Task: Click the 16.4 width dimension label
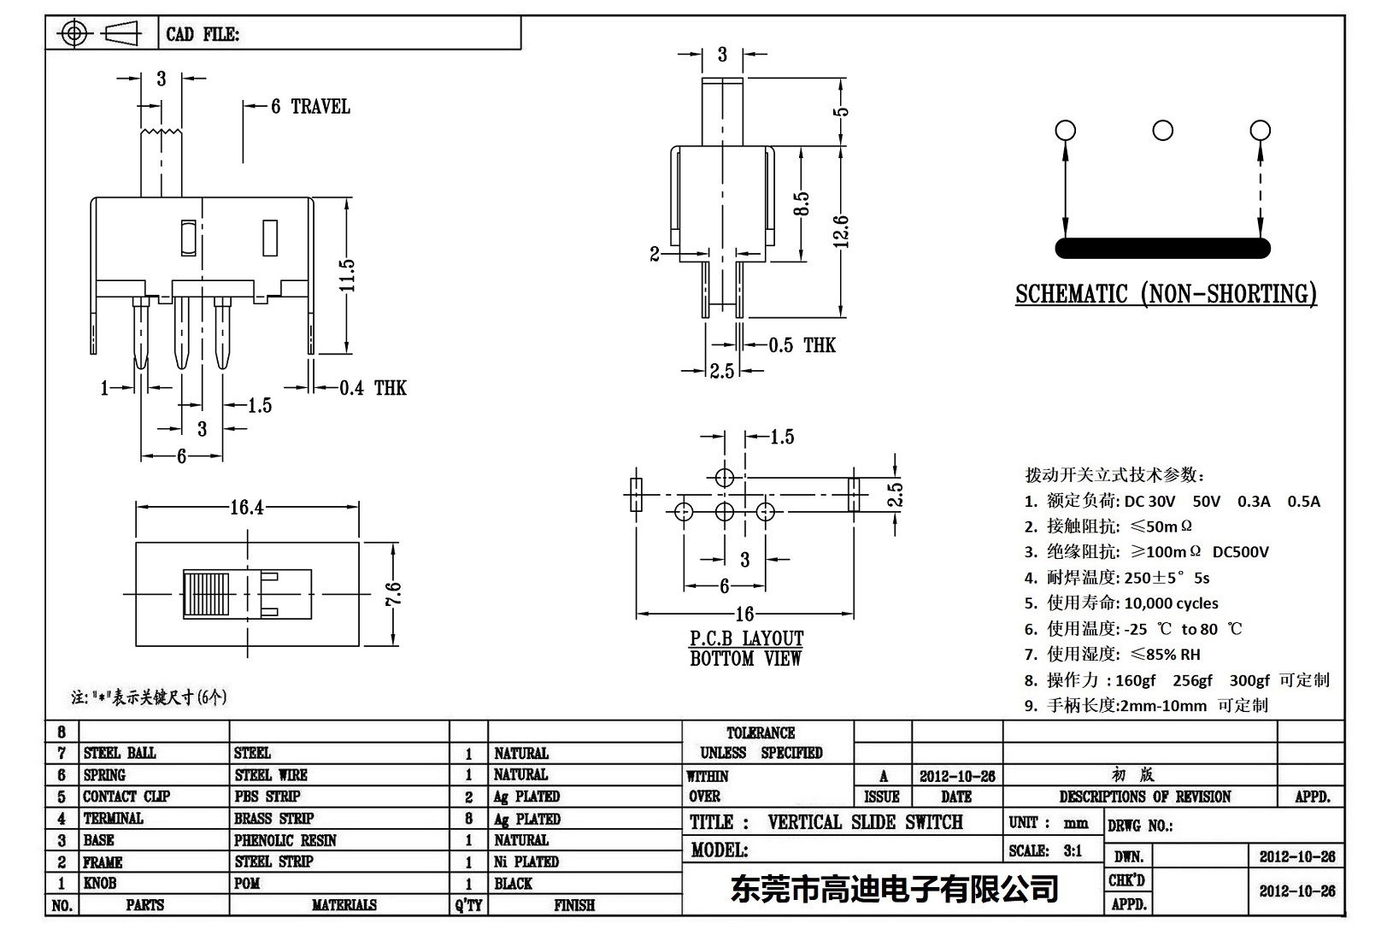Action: click(x=246, y=508)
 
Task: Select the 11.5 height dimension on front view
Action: click(x=346, y=275)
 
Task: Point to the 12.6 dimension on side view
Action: click(x=841, y=231)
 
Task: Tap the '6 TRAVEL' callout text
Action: click(x=310, y=107)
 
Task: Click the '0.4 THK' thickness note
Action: click(x=373, y=388)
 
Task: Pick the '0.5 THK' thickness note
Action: click(x=801, y=345)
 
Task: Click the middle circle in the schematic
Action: click(x=1162, y=131)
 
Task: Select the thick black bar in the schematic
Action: click(x=1162, y=248)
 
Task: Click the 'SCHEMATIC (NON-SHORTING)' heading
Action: click(x=1166, y=294)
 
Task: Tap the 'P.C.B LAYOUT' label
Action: click(x=746, y=638)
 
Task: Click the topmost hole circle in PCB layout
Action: click(x=724, y=477)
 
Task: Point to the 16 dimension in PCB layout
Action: click(x=744, y=614)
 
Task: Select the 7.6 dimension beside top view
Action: click(x=392, y=594)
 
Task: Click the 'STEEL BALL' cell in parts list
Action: click(x=120, y=753)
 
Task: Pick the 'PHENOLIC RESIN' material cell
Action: click(x=285, y=840)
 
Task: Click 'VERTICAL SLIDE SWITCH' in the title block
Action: click(x=865, y=822)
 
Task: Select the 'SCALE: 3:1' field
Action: click(x=1044, y=850)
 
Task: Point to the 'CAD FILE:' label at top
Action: click(x=203, y=34)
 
